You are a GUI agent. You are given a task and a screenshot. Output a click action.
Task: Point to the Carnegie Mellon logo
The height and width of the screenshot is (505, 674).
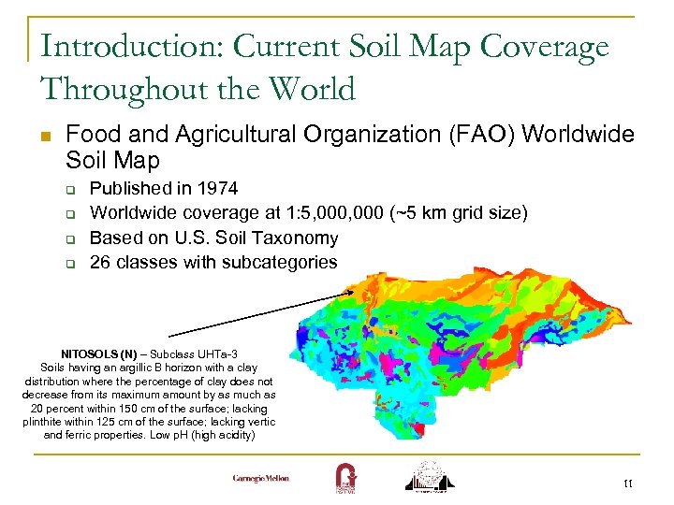[261, 478]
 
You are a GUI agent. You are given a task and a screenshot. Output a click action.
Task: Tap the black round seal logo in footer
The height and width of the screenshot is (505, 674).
[432, 475]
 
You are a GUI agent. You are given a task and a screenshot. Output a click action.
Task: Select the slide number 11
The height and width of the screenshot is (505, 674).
[626, 483]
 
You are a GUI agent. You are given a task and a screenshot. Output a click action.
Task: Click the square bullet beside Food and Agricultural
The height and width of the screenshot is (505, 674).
[45, 137]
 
